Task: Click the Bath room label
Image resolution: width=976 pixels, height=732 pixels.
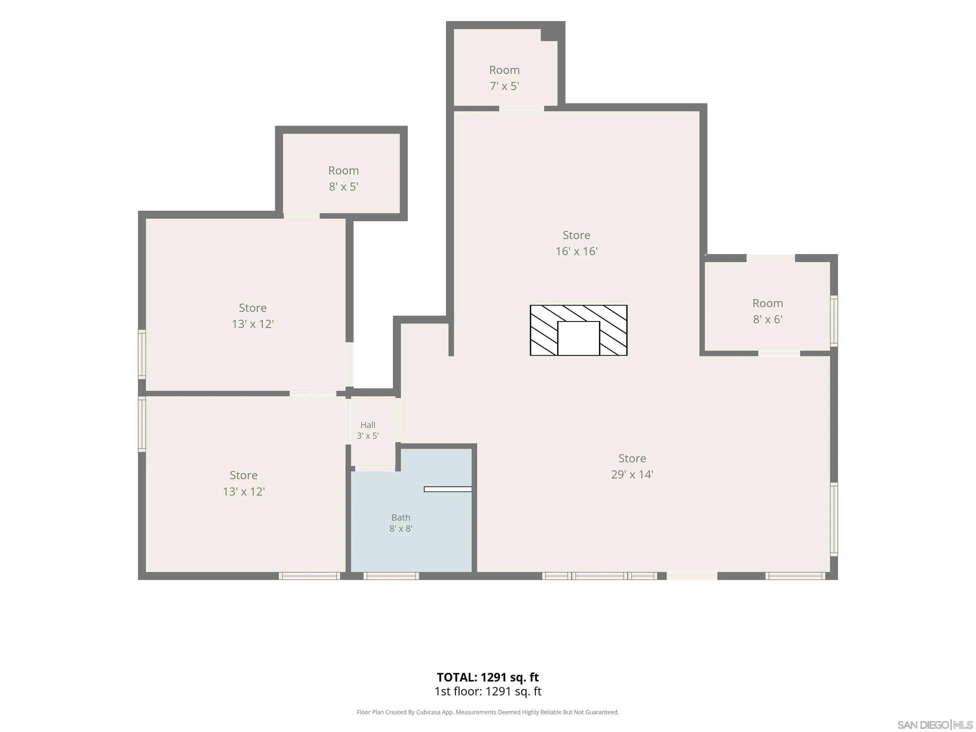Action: pyautogui.click(x=400, y=517)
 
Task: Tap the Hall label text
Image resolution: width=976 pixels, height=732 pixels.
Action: pyautogui.click(x=368, y=425)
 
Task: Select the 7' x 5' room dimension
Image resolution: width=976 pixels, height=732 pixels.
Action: pyautogui.click(x=504, y=86)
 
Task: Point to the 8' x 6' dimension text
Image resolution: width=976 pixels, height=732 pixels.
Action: pyautogui.click(x=768, y=319)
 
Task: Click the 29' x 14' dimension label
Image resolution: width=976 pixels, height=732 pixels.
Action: pyautogui.click(x=632, y=474)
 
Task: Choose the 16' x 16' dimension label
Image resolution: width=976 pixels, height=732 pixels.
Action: pyautogui.click(x=576, y=251)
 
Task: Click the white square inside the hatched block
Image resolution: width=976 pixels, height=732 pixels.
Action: pyautogui.click(x=578, y=338)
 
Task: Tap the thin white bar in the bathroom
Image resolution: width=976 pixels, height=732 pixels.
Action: pyautogui.click(x=447, y=489)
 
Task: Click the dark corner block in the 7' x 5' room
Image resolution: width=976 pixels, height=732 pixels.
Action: pyautogui.click(x=549, y=35)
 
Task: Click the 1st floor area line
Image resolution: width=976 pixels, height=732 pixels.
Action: pyautogui.click(x=488, y=691)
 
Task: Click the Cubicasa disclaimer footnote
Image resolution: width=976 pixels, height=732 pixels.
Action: pyautogui.click(x=488, y=712)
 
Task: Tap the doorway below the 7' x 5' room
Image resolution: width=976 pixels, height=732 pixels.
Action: pyautogui.click(x=522, y=108)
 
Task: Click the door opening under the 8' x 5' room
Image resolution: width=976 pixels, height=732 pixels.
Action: pyautogui.click(x=301, y=216)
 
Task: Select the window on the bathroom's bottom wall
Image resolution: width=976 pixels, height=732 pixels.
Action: pyautogui.click(x=391, y=576)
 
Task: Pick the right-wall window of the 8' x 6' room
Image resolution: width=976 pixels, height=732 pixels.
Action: pyautogui.click(x=834, y=320)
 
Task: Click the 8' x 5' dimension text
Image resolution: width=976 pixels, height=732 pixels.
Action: pyautogui.click(x=343, y=187)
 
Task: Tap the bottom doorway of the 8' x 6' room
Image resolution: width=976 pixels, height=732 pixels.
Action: pyautogui.click(x=779, y=353)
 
